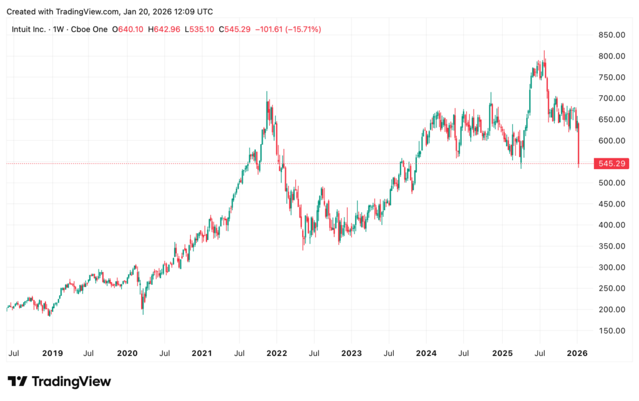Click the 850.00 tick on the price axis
611,35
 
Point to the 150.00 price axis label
611,331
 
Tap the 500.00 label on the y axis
611,183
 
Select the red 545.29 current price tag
611,163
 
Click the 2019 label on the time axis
52,352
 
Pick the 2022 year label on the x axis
276,352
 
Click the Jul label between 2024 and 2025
463,352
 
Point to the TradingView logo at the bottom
59,381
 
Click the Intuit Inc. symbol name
28,29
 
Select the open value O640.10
127,29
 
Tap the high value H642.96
164,29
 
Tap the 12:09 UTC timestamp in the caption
190,12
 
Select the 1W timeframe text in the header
57,29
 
